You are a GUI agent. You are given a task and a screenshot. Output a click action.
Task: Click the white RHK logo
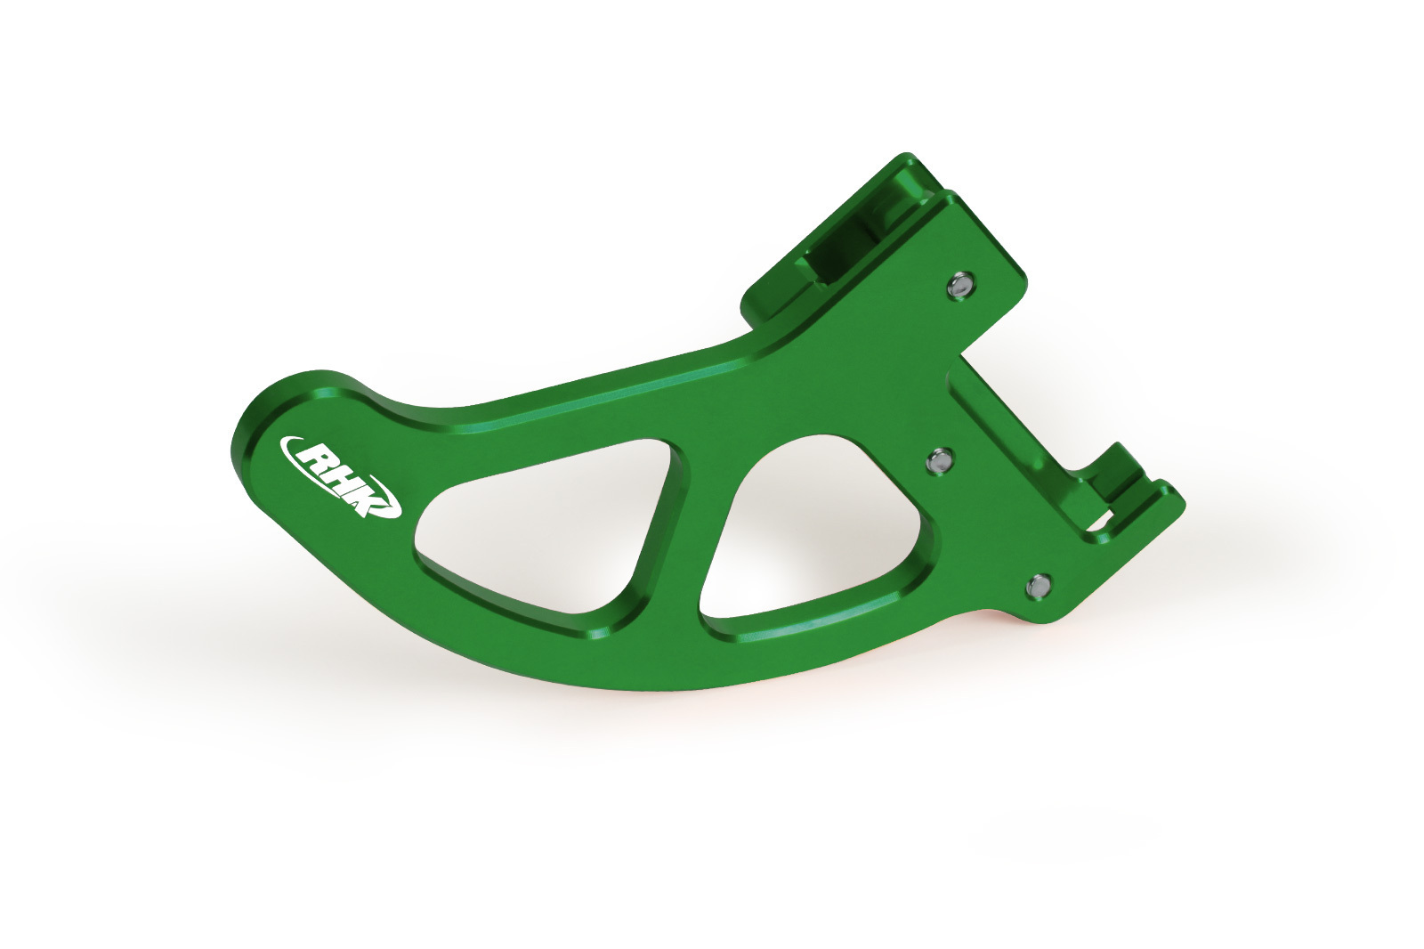(341, 476)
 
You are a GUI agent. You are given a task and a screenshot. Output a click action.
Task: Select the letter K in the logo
(368, 497)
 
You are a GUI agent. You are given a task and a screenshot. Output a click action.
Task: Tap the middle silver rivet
(940, 460)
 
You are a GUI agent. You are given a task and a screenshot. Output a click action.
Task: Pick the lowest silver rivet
(1038, 586)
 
